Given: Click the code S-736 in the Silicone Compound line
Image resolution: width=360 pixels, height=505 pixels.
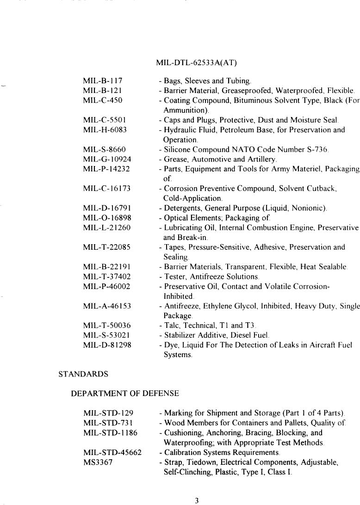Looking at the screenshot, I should [317, 149].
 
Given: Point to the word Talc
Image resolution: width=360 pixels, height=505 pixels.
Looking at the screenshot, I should [171, 326].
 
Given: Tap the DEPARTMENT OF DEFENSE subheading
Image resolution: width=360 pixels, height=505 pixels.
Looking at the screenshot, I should [124, 394].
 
